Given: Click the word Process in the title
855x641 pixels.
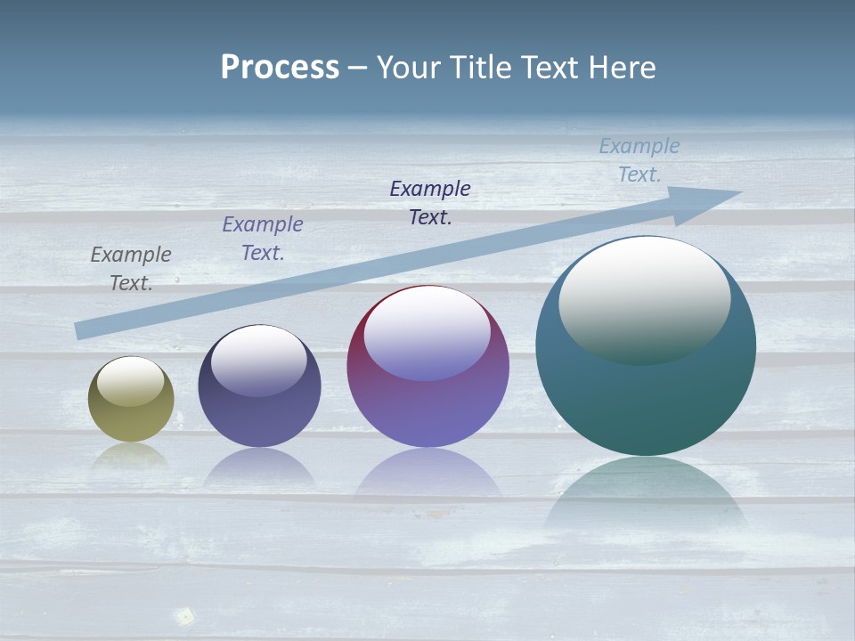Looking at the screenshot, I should pyautogui.click(x=280, y=68).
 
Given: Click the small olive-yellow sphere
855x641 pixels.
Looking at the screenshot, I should pyautogui.click(x=131, y=414).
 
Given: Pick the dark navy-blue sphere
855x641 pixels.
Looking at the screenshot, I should pyautogui.click(x=259, y=418).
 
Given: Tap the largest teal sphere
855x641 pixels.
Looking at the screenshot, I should pyautogui.click(x=646, y=401).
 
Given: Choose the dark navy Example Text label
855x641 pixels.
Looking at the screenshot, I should pyautogui.click(x=430, y=203).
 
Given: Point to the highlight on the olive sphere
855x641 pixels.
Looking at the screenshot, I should pyautogui.click(x=131, y=381).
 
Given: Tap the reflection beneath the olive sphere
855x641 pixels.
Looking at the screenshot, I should pyautogui.click(x=131, y=456).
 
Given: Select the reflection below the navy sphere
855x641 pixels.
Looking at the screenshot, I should pyautogui.click(x=259, y=467).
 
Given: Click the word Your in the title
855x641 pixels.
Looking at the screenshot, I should pyautogui.click(x=411, y=68).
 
